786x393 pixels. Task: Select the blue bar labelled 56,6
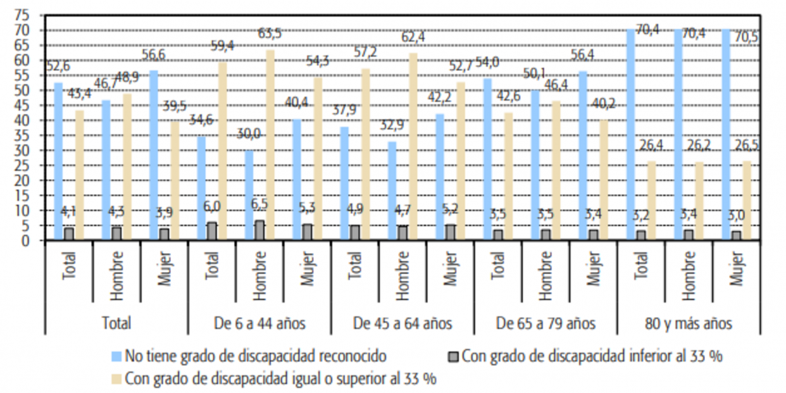click(x=154, y=155)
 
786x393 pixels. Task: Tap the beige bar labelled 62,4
click(x=413, y=146)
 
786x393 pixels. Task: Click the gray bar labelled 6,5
click(x=259, y=230)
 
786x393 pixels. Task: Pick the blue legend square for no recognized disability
click(x=116, y=356)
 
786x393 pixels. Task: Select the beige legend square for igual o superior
click(x=116, y=378)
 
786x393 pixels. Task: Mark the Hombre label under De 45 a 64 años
click(x=402, y=273)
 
